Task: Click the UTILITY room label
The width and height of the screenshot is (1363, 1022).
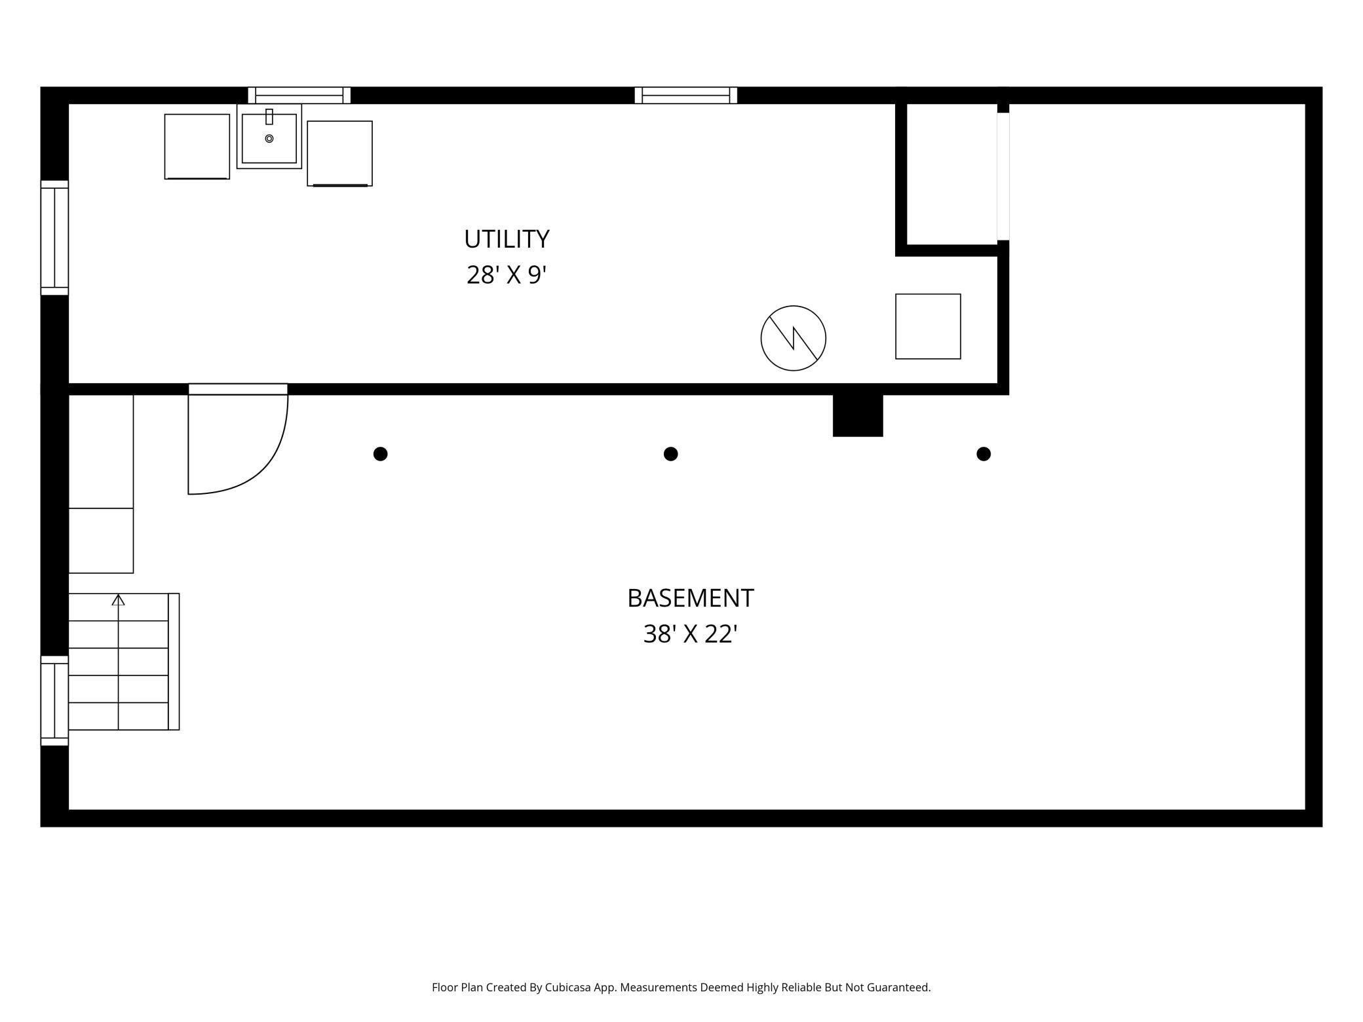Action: tap(507, 239)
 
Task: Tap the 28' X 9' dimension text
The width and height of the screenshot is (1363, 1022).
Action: tap(507, 274)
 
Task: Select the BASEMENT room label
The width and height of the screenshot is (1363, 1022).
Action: tap(691, 598)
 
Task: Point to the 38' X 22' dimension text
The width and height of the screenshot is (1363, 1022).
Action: tap(691, 634)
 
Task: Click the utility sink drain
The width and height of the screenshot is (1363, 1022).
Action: tap(269, 139)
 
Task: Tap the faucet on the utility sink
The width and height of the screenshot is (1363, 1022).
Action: tap(269, 117)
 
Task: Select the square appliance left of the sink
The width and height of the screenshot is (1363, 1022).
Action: tap(197, 147)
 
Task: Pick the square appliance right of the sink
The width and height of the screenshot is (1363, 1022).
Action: tap(340, 153)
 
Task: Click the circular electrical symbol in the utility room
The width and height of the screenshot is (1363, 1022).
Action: tap(794, 338)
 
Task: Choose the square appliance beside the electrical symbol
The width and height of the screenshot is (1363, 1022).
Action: tap(929, 326)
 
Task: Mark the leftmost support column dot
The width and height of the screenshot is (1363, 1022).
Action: tap(381, 454)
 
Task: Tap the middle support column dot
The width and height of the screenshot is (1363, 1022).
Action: tap(671, 454)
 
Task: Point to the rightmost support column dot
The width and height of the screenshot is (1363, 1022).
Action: tap(984, 454)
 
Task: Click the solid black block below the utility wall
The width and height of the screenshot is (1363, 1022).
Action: tap(858, 415)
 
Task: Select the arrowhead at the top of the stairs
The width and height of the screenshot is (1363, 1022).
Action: tap(118, 599)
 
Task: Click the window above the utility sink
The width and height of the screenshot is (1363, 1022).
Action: tap(299, 96)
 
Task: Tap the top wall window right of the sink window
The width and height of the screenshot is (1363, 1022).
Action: tap(686, 96)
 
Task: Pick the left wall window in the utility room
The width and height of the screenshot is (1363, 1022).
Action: tap(55, 238)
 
